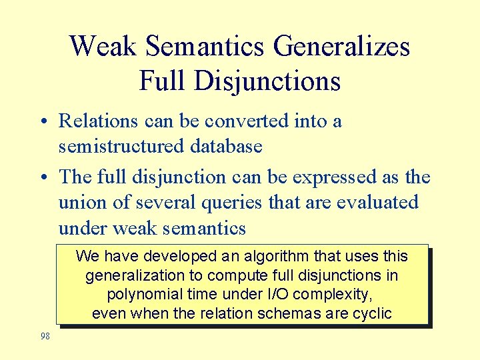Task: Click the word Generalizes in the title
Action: [341, 47]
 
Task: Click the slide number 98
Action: [45, 336]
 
